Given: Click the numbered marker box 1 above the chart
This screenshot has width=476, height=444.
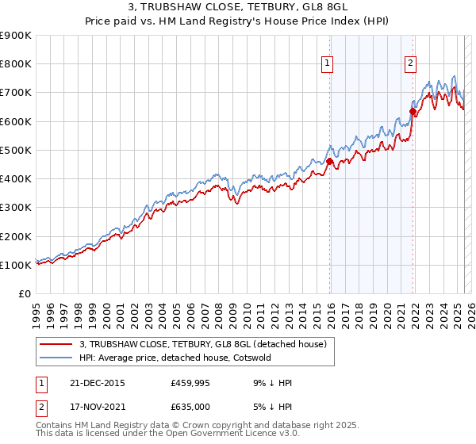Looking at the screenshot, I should pos(328,65).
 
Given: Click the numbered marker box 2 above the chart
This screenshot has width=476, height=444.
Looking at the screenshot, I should pos(410,65).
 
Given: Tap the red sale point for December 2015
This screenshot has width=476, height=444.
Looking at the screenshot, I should pos(329,161).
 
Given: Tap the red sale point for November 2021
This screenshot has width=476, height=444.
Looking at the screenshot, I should pos(413,111).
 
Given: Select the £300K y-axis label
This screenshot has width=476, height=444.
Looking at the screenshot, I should pos(16,208).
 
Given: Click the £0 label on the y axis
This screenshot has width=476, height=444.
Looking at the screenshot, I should pos(25,294).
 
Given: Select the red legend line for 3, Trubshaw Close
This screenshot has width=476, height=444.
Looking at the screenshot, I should pos(56,344).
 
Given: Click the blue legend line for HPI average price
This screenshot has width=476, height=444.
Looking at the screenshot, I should pos(56,358).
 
